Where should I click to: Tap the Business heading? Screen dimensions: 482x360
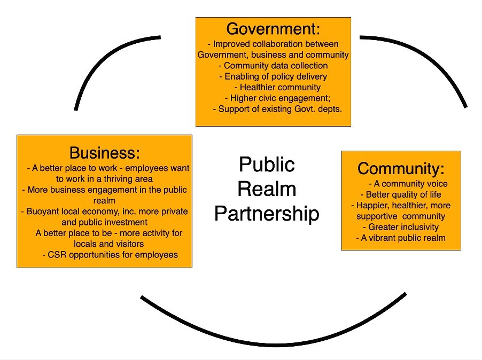point(104,153)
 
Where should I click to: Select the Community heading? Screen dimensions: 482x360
point(401,169)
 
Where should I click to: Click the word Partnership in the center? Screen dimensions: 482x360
point(267,213)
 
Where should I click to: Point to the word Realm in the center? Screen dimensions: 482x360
point(267,189)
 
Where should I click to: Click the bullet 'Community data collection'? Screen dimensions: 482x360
point(273,66)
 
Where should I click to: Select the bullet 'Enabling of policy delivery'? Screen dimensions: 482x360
point(273,76)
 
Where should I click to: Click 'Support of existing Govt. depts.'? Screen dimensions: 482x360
point(277,109)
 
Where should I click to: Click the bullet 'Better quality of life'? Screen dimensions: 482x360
point(401,194)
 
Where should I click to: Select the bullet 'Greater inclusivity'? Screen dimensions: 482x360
point(400,227)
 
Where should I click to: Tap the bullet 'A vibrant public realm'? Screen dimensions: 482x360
point(401,238)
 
